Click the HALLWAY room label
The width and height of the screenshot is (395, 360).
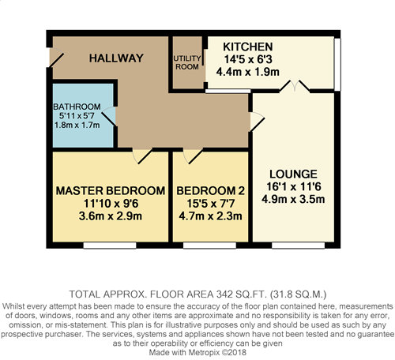(116, 58)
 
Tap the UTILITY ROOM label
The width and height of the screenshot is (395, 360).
(187, 62)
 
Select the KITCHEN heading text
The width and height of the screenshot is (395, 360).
(248, 47)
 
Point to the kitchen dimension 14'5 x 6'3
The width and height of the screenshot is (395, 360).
(248, 59)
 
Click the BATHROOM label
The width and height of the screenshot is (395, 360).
(77, 107)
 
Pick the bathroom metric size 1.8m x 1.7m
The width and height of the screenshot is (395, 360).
(77, 125)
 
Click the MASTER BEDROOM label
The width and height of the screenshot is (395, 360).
(111, 191)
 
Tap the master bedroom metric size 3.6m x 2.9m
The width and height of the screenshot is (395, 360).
(111, 216)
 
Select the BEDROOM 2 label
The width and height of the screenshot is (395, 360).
(210, 191)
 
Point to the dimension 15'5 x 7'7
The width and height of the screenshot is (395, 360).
(210, 204)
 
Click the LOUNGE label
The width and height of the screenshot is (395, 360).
(293, 174)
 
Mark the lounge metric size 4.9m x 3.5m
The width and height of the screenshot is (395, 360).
(293, 199)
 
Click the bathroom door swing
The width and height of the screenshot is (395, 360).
(109, 116)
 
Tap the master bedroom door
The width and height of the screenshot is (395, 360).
(142, 156)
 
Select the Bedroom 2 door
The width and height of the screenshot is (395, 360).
(193, 156)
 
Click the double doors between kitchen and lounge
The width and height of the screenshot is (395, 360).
(295, 85)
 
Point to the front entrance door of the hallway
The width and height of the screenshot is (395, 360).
(56, 57)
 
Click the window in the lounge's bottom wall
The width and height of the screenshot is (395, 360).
(298, 246)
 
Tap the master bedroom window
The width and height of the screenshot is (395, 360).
(110, 246)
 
